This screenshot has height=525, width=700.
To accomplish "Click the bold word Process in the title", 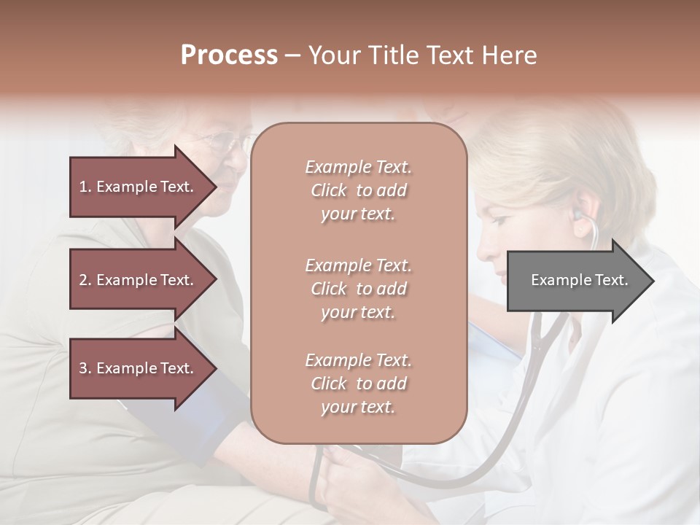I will (229, 55).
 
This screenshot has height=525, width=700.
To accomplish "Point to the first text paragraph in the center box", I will (358, 190).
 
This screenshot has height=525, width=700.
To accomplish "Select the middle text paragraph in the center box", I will (358, 289).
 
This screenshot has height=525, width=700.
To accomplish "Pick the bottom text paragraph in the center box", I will (358, 384).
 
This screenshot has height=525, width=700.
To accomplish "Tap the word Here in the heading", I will (510, 55).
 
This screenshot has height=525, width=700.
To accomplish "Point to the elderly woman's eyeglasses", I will (219, 140).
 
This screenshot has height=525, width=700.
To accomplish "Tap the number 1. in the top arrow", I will (85, 187).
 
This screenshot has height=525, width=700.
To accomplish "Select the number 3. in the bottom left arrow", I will (85, 368).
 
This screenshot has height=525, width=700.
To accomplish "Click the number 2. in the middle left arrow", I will (85, 280).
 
